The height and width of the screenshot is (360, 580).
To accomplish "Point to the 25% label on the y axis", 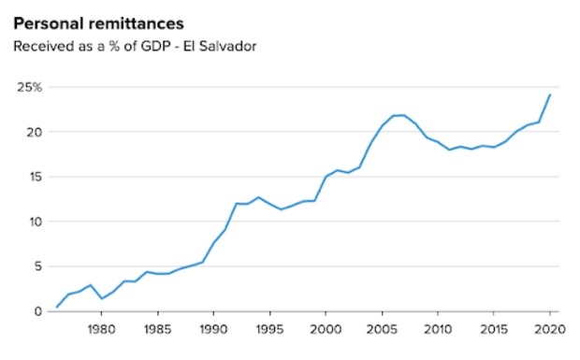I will [28, 87].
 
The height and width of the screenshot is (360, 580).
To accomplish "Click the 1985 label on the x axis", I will [157, 329].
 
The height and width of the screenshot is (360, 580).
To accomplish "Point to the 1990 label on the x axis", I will [213, 329].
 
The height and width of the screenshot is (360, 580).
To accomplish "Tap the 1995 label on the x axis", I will [269, 329].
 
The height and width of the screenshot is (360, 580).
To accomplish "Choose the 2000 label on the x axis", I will [326, 329].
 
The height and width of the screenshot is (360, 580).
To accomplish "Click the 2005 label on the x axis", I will [382, 329].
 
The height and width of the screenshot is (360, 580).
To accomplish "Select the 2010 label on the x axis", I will [437, 329].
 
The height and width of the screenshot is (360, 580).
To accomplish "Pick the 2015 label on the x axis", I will [493, 329].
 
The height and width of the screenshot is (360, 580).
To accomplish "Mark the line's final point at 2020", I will [549, 94].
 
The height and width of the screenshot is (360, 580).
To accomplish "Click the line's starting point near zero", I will [57, 307].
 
